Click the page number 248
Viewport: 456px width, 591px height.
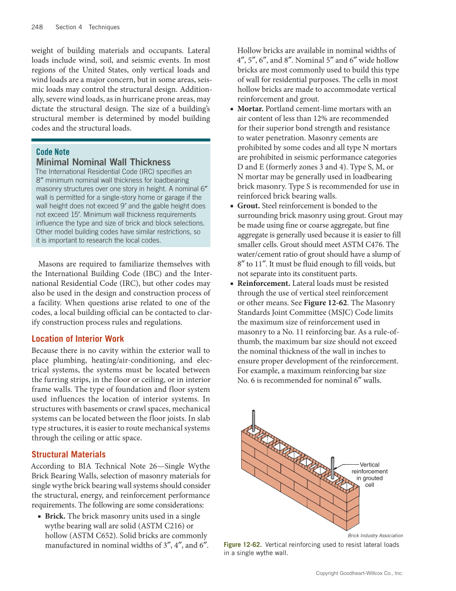click(37, 27)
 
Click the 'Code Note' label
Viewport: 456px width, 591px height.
click(52, 152)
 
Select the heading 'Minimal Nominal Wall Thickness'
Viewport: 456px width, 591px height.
click(103, 162)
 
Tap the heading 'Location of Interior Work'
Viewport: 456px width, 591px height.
click(77, 338)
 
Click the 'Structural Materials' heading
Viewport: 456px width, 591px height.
click(68, 454)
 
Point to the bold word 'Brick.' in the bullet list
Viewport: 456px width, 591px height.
click(55, 516)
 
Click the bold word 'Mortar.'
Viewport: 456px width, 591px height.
click(250, 109)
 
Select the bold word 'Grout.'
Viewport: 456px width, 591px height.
click(249, 206)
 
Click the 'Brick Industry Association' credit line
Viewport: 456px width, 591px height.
click(375, 535)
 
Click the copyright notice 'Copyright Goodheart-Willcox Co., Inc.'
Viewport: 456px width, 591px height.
click(359, 573)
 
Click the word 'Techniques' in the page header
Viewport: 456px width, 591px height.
click(104, 27)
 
